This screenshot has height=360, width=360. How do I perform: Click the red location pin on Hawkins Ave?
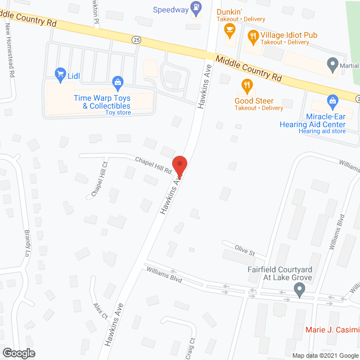pyautogui.click(x=179, y=164)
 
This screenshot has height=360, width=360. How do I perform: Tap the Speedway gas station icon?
pyautogui.click(x=196, y=7)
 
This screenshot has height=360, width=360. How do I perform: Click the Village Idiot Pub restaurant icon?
pyautogui.click(x=253, y=37)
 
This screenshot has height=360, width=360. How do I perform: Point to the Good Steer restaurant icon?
pyautogui.click(x=246, y=85)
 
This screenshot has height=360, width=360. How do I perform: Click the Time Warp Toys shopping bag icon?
pyautogui.click(x=117, y=83)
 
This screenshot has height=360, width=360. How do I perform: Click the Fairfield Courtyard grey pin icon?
pyautogui.click(x=299, y=290)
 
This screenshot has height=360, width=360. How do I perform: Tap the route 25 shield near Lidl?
pyautogui.click(x=136, y=39)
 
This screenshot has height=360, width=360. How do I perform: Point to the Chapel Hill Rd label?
pyautogui.click(x=153, y=164)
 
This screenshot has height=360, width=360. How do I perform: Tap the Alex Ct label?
pyautogui.click(x=101, y=312)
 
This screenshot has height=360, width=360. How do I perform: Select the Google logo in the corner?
pyautogui.click(x=18, y=353)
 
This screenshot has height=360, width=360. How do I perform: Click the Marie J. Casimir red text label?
pyautogui.click(x=332, y=330)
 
